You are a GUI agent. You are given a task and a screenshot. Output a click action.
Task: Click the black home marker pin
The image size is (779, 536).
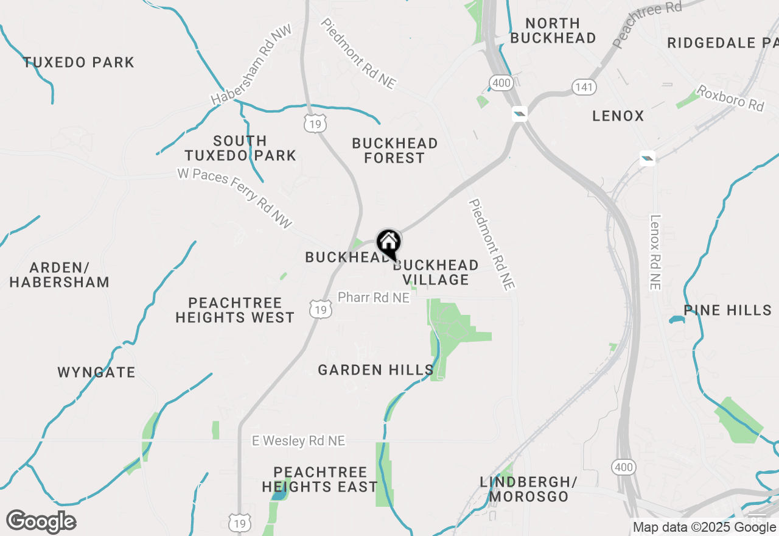(388, 244)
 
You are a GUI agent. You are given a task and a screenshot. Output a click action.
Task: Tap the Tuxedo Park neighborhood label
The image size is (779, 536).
(79, 62)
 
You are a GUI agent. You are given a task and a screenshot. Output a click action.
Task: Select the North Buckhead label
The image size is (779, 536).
(553, 30)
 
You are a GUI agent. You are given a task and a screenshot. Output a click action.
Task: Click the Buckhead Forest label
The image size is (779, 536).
(395, 150)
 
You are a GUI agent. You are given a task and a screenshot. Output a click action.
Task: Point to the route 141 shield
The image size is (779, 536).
(583, 87)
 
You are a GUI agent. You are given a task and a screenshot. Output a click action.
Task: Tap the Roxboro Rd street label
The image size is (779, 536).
(730, 97)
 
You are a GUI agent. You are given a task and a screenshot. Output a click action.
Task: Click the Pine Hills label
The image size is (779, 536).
(728, 310)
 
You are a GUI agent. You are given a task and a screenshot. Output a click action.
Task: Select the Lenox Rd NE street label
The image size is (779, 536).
(655, 252)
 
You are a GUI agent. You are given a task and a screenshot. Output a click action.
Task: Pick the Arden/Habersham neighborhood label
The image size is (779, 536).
(59, 275)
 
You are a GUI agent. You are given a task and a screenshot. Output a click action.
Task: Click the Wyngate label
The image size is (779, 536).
(96, 372)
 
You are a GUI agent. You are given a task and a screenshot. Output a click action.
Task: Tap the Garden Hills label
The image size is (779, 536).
(376, 370)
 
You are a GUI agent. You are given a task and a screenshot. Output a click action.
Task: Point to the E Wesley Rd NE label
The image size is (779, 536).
(299, 440)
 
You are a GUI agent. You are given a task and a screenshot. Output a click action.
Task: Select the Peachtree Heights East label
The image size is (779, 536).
(320, 479)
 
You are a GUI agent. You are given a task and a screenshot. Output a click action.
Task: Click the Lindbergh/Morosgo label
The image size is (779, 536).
(528, 489)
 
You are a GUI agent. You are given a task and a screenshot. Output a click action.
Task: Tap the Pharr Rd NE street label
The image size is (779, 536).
(374, 297)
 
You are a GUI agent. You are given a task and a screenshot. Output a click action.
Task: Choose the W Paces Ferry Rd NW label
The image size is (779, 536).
(235, 198)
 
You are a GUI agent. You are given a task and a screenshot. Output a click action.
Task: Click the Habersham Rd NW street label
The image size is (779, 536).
(251, 64)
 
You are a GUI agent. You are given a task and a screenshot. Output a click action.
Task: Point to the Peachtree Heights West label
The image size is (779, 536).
(235, 310)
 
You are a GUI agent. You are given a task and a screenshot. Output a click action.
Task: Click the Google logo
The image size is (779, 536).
(41, 521)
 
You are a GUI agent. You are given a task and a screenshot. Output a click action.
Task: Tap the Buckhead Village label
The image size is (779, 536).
(436, 272)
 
